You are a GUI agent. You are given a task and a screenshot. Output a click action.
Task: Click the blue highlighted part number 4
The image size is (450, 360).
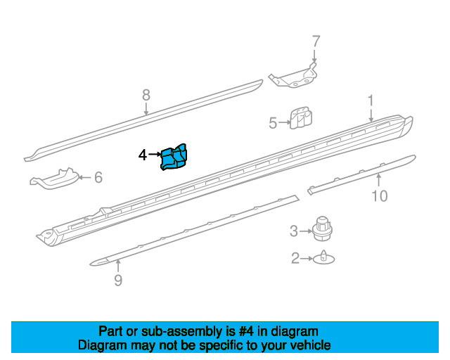(x=174, y=157)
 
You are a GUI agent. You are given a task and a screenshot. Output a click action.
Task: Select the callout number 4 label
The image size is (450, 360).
(x=143, y=155)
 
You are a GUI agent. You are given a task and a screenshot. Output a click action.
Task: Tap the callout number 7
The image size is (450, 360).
(x=316, y=41)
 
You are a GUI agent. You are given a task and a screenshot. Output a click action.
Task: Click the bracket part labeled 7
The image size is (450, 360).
(x=294, y=77)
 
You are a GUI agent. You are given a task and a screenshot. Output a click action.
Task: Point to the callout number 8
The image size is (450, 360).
(x=146, y=95)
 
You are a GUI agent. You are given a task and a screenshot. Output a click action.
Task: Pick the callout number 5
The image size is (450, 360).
(x=273, y=123)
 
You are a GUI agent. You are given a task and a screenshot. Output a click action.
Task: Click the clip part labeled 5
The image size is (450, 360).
(x=301, y=117)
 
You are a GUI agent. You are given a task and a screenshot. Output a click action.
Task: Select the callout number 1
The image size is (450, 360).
(x=371, y=101)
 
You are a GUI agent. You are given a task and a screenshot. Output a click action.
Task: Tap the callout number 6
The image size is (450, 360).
(x=98, y=177)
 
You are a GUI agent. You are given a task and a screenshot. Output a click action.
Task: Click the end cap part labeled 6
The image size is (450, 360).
(x=55, y=179)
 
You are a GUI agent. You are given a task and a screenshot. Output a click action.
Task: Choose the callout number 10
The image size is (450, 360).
(x=380, y=196)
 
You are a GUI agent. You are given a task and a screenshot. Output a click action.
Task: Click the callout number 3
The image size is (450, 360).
(x=294, y=231)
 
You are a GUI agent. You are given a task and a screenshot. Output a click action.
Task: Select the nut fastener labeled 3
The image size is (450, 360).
(x=322, y=229)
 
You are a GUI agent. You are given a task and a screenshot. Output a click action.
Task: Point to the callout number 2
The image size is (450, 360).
(x=295, y=258)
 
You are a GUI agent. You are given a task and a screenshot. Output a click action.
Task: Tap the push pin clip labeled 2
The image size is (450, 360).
(x=323, y=257)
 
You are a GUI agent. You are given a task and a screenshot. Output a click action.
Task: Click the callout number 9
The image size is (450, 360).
(x=118, y=280)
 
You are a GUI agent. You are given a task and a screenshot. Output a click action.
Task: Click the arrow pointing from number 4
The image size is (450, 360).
(x=155, y=155)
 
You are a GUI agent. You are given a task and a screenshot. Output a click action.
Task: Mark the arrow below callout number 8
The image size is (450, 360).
(x=146, y=109)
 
